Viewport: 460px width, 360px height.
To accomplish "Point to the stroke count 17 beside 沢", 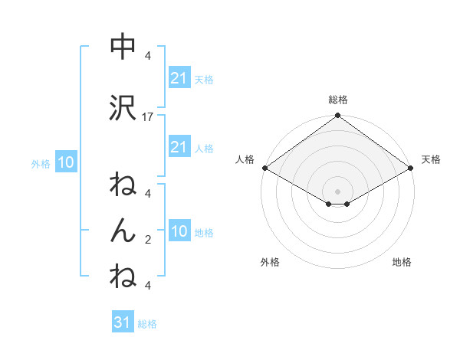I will tap(149, 116).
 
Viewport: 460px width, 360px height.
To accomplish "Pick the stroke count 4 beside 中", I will tap(148, 55).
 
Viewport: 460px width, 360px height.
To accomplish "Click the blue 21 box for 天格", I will tap(179, 78).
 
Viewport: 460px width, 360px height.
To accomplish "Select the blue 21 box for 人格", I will tap(179, 147).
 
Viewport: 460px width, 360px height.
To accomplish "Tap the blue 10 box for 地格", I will tap(179, 231).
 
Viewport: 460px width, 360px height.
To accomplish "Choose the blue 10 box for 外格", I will tap(65, 162).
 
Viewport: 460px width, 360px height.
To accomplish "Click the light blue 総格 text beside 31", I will tap(147, 324).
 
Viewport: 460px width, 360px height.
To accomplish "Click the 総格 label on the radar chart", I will tap(337, 100).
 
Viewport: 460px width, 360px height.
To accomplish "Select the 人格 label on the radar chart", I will tap(245, 159).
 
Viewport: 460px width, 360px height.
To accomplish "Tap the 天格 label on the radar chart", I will tap(431, 159).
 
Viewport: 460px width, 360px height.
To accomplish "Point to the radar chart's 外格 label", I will tap(270, 262).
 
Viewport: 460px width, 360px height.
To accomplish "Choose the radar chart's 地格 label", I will tap(402, 262).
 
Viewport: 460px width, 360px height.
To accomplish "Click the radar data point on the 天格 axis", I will tap(411, 168).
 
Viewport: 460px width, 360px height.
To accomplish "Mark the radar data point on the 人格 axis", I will tap(264, 168).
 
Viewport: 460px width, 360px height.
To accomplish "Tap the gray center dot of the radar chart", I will tap(337, 190).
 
